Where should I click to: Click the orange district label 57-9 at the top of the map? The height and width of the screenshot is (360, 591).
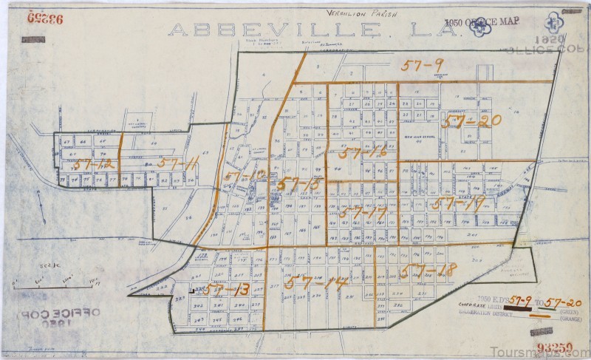423,65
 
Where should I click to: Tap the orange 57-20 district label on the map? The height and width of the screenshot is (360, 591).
471,120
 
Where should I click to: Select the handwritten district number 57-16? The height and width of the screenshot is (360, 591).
359,154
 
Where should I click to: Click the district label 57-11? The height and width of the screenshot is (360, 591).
177,164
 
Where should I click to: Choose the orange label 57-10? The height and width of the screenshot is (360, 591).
244,176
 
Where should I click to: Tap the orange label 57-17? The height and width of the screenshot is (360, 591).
365,214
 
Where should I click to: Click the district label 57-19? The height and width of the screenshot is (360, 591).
459,203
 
